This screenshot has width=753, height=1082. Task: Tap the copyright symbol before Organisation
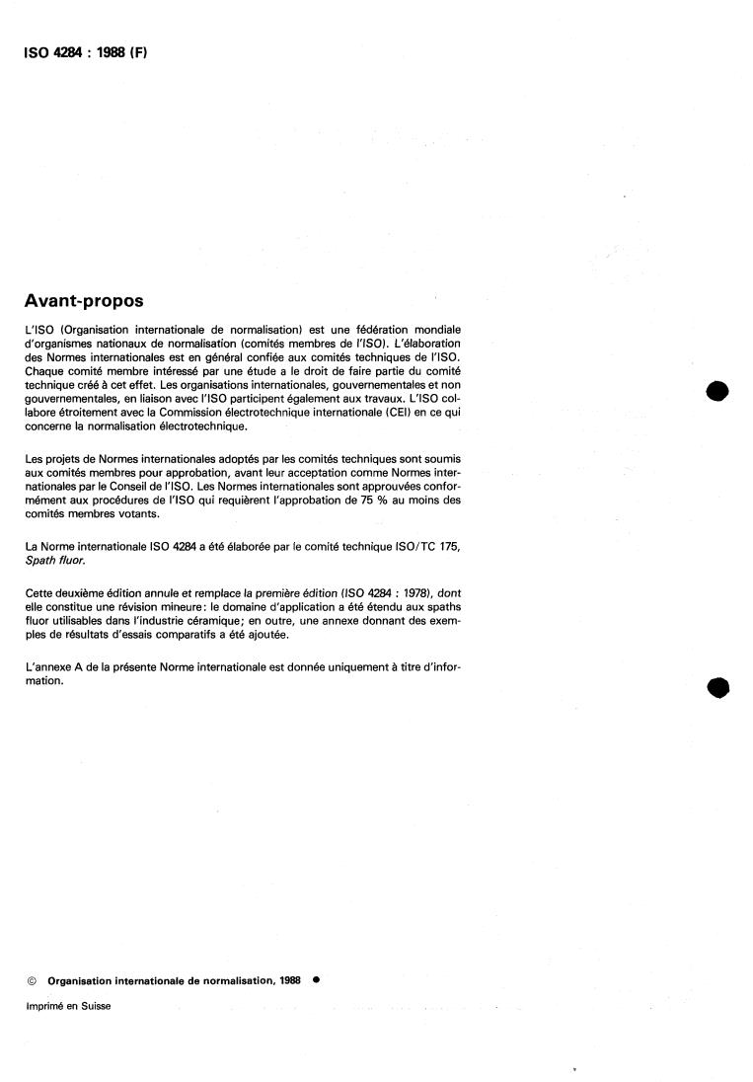point(32,981)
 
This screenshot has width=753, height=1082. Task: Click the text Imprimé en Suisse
point(68,1006)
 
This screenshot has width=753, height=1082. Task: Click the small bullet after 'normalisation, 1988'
point(315,980)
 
